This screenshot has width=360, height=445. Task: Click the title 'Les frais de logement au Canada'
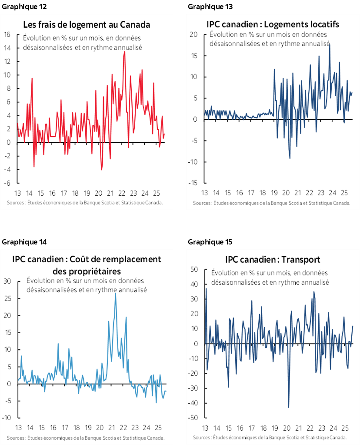click(87, 24)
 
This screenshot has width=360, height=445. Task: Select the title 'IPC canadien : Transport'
click(273, 260)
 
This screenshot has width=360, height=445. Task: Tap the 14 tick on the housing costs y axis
click(7, 48)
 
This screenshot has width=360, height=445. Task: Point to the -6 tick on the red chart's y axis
click(7, 183)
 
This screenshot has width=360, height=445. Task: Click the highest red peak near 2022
click(125, 51)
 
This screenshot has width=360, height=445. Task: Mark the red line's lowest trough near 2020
click(101, 169)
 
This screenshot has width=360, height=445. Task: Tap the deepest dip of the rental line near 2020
click(290, 158)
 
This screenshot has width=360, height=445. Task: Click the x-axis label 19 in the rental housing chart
click(274, 193)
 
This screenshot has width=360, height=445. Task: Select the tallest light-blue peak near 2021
click(115, 294)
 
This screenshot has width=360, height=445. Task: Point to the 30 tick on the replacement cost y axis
click(7, 281)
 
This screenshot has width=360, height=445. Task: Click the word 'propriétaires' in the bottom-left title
click(87, 271)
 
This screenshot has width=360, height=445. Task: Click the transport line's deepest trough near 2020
click(289, 407)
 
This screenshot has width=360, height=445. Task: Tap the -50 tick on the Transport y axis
click(193, 418)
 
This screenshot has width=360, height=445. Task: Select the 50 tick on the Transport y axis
click(194, 270)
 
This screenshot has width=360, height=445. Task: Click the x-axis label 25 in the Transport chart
click(344, 427)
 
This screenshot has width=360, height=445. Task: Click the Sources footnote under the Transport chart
click(270, 437)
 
